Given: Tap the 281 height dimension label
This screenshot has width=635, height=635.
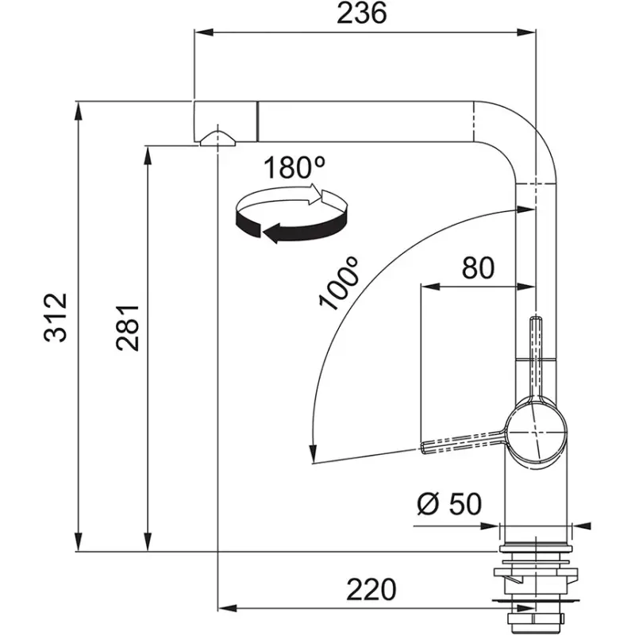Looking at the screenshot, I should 127,326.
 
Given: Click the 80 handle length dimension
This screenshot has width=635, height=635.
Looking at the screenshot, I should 478,267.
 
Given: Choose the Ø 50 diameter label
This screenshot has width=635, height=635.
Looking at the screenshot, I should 448,503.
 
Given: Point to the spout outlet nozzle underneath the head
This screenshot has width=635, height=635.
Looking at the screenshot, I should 217,140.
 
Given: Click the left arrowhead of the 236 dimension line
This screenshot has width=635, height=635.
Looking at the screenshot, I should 203,33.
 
